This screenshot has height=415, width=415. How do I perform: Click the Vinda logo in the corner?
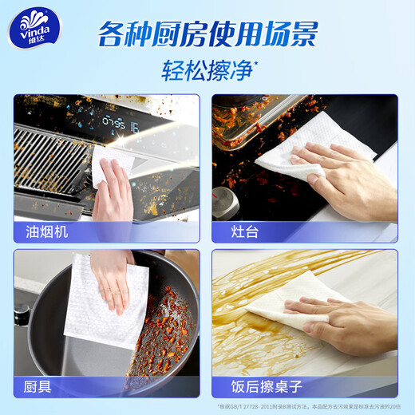(x=31, y=30)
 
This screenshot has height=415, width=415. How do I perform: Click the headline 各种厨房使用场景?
(x=207, y=34)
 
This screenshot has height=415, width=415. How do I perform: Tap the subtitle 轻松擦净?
(x=207, y=71)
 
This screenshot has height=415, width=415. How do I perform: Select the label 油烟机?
(x=45, y=232)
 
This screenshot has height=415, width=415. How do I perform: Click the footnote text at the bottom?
(x=307, y=406)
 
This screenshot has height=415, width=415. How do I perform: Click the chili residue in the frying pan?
(x=164, y=335)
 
